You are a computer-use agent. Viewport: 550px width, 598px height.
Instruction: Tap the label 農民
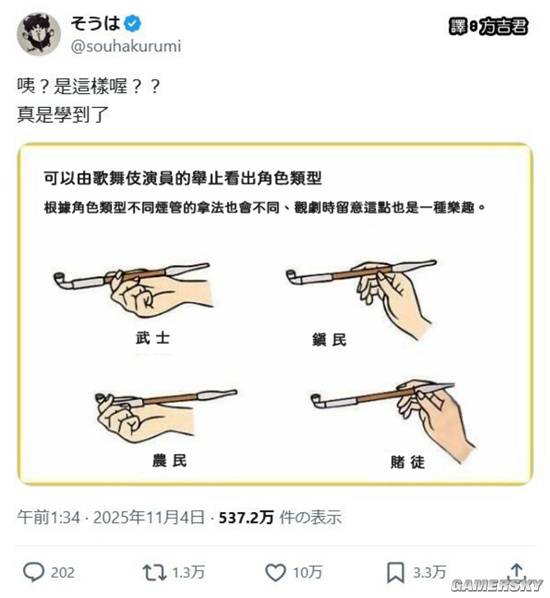pyautogui.click(x=160, y=461)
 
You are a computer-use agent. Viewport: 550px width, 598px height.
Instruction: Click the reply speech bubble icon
pyautogui.click(x=33, y=572)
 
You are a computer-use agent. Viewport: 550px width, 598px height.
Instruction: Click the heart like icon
pyautogui.click(x=276, y=572)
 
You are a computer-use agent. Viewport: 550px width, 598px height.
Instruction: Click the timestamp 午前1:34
pyautogui.click(x=49, y=517)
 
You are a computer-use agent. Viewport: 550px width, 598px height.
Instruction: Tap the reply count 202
pyautogui.click(x=63, y=573)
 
